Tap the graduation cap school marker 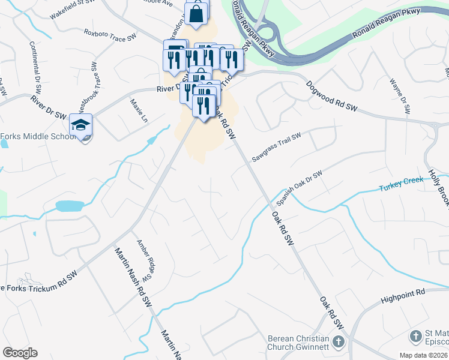[x=80, y=125]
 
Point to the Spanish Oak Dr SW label [x=300, y=187]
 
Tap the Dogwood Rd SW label [x=331, y=97]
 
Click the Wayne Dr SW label [x=399, y=95]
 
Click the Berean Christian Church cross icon [x=339, y=343]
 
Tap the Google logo [x=20, y=353]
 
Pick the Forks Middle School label [x=38, y=136]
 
